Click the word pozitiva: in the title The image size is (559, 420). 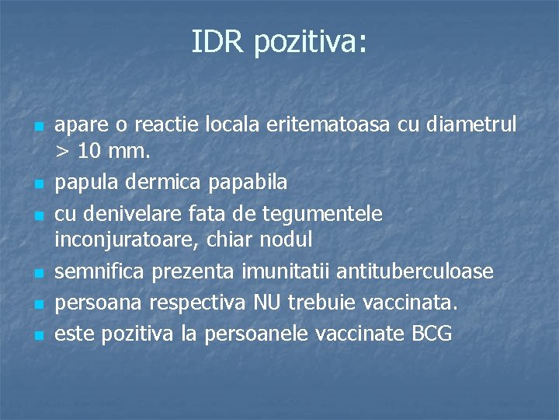309,43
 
